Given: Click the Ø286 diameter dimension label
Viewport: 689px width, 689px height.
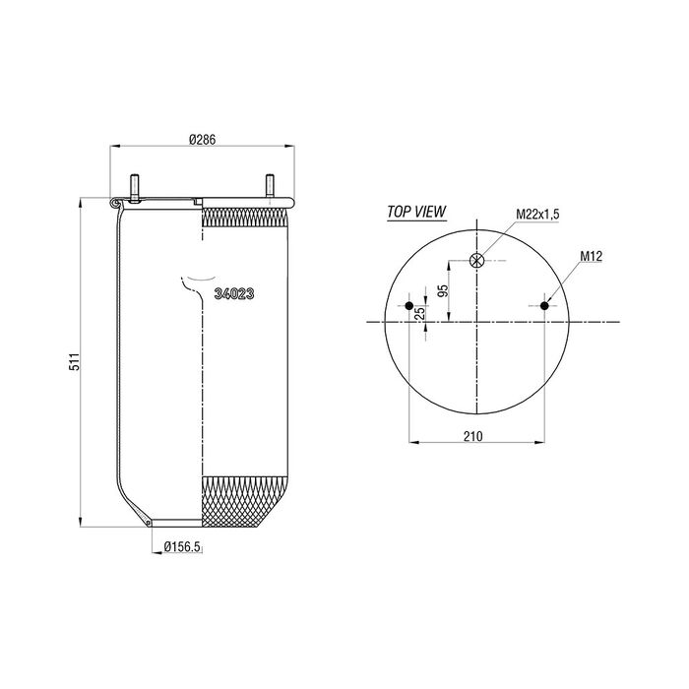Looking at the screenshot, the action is click(x=203, y=140).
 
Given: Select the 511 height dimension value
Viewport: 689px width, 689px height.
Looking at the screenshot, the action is click(x=75, y=361).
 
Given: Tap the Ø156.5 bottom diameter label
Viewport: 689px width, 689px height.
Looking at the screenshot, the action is click(x=182, y=546).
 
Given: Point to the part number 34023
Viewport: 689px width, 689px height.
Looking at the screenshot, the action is click(x=234, y=294).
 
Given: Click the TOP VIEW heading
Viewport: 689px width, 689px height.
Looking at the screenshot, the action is click(x=416, y=212).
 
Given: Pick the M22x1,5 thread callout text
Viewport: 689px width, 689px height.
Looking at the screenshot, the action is click(x=537, y=215).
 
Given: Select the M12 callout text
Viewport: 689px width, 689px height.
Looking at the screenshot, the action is click(x=591, y=256).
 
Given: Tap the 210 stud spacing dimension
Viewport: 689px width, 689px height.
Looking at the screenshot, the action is click(x=472, y=436).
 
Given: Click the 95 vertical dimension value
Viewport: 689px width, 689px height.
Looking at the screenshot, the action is click(x=444, y=290).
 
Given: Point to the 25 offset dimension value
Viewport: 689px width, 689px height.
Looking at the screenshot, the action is click(x=420, y=313).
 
